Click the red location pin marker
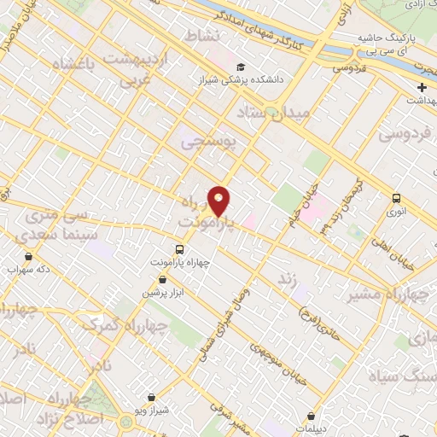point(219,201)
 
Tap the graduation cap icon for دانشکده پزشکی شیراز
point(242,67)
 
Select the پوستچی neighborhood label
point(205,143)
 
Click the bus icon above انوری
point(396,198)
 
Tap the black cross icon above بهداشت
point(422,88)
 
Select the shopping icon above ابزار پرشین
point(150,279)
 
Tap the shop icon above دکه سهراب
point(29,255)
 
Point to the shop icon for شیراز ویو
point(151,397)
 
